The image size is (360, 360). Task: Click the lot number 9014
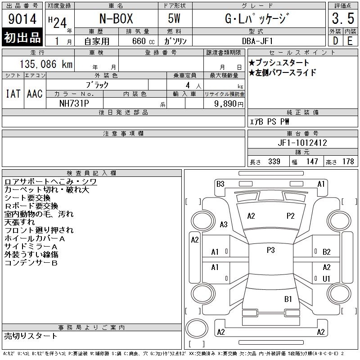pyautogui.click(x=22, y=18)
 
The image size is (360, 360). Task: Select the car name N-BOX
pyautogui.click(x=116, y=18)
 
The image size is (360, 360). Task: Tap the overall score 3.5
pyautogui.click(x=343, y=18)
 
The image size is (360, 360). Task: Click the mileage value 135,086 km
pyautogui.click(x=46, y=64)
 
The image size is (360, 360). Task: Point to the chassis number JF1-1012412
pyautogui.click(x=302, y=143)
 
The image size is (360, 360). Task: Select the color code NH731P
pyautogui.click(x=74, y=103)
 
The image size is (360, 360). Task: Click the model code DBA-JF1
pyautogui.click(x=257, y=41)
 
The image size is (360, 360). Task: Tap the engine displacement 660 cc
pyautogui.click(x=143, y=41)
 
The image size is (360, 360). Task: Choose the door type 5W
pyautogui.click(x=174, y=18)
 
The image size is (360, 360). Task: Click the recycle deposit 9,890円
pyautogui.click(x=229, y=103)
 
